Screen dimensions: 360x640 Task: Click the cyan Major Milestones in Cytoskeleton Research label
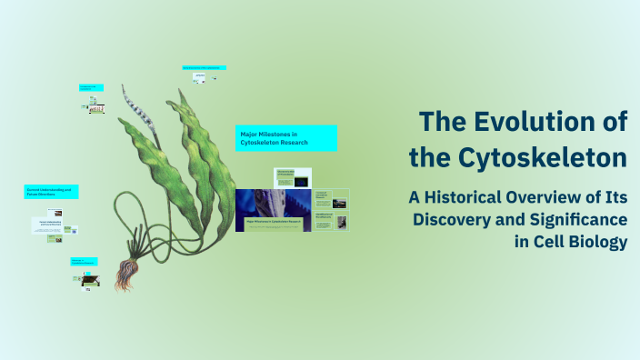(286, 138)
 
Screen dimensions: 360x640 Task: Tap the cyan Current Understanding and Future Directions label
(52, 193)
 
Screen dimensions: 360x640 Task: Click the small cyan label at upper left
(91, 87)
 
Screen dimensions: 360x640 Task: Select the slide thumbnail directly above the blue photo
(285, 176)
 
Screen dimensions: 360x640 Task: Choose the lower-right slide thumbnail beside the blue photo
(331, 221)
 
